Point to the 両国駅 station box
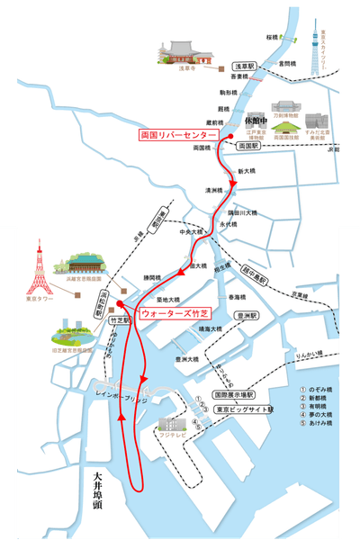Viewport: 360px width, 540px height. (x=248, y=145)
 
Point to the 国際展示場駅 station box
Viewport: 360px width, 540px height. (x=233, y=394)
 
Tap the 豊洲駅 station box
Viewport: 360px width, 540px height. (x=246, y=316)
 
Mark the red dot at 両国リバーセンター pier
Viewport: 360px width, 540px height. (x=231, y=135)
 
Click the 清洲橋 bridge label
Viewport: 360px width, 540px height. (x=213, y=191)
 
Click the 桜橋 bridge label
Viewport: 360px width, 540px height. (x=273, y=37)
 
